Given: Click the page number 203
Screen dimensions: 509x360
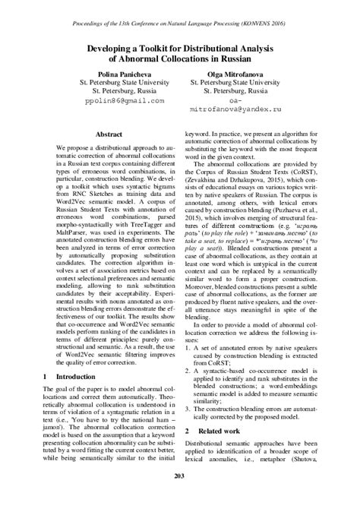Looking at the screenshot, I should pyautogui.click(x=179, y=497).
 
